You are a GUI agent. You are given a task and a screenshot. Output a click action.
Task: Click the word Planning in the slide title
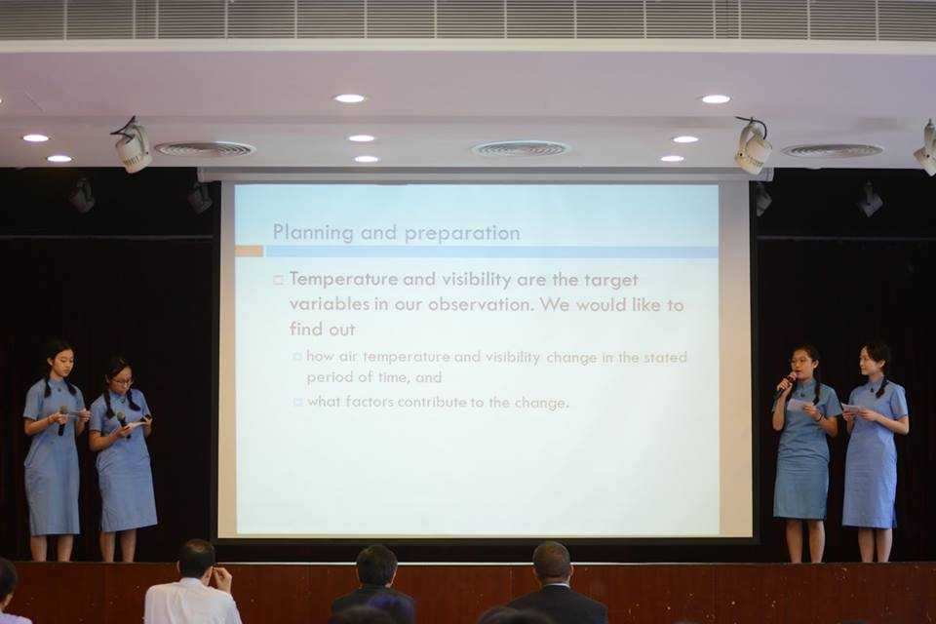click(313, 232)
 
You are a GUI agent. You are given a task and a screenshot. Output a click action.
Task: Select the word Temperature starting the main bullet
click(344, 279)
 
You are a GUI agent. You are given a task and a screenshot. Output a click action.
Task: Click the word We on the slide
click(555, 304)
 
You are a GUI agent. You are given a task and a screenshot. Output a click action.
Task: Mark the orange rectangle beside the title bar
click(249, 251)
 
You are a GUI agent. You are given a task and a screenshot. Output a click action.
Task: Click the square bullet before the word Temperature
click(278, 280)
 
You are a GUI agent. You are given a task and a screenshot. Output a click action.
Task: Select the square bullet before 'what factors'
click(298, 403)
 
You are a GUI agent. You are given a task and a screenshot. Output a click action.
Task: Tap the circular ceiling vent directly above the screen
click(521, 148)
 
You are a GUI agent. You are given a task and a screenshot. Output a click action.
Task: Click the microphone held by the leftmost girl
click(62, 420)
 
